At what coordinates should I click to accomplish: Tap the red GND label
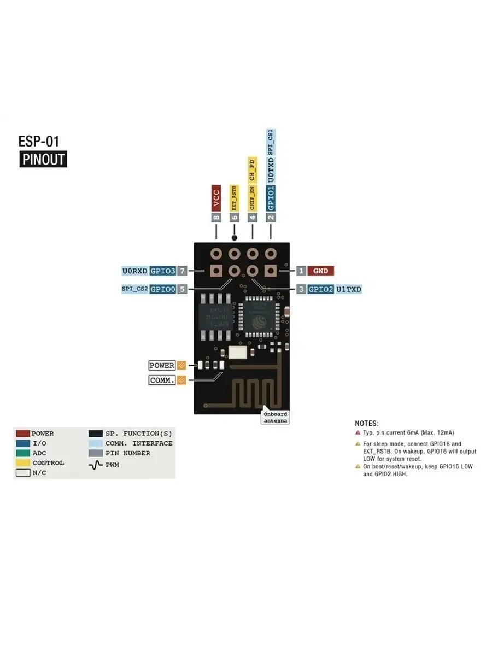click(320, 271)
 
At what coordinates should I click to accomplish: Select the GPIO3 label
click(163, 271)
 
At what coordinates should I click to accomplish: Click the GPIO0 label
click(163, 289)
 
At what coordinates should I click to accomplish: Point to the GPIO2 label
click(320, 289)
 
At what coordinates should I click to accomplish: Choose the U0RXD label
click(134, 271)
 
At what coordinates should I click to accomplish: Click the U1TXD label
click(349, 289)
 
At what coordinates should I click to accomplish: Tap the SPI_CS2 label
click(135, 289)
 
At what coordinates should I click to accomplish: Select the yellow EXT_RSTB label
click(235, 198)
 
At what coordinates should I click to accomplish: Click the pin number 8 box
click(216, 217)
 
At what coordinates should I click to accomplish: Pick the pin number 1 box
click(301, 271)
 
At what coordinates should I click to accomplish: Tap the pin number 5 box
click(182, 289)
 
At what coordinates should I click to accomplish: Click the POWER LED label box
click(162, 365)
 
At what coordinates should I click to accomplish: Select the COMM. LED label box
click(162, 380)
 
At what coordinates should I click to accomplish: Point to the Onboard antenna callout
click(275, 417)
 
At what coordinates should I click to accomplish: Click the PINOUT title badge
click(43, 160)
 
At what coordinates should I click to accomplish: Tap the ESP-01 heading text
click(39, 141)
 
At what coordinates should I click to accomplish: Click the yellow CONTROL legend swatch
click(23, 463)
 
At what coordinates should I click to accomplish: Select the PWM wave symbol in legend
click(96, 465)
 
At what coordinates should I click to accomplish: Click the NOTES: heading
click(366, 424)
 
